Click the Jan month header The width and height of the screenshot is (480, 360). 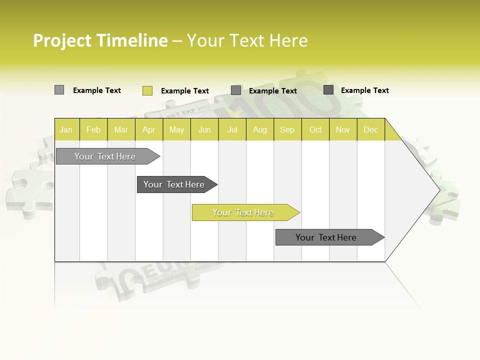[66, 129]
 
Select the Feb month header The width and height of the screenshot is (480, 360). [93, 129]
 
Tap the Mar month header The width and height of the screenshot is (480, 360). [121, 129]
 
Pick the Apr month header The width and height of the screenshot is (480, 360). [149, 129]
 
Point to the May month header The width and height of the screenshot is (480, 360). [176, 129]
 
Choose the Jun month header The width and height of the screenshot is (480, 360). [204, 129]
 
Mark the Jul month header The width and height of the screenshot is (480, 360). [232, 129]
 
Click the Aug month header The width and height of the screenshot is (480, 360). [260, 129]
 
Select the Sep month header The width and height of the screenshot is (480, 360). [287, 129]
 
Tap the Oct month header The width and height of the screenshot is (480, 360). [315, 129]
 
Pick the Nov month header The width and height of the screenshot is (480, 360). [343, 129]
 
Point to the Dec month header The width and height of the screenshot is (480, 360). [371, 129]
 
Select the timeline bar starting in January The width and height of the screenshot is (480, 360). [105, 156]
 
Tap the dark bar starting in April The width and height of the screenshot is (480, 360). [174, 184]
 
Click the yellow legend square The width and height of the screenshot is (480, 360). [147, 90]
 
